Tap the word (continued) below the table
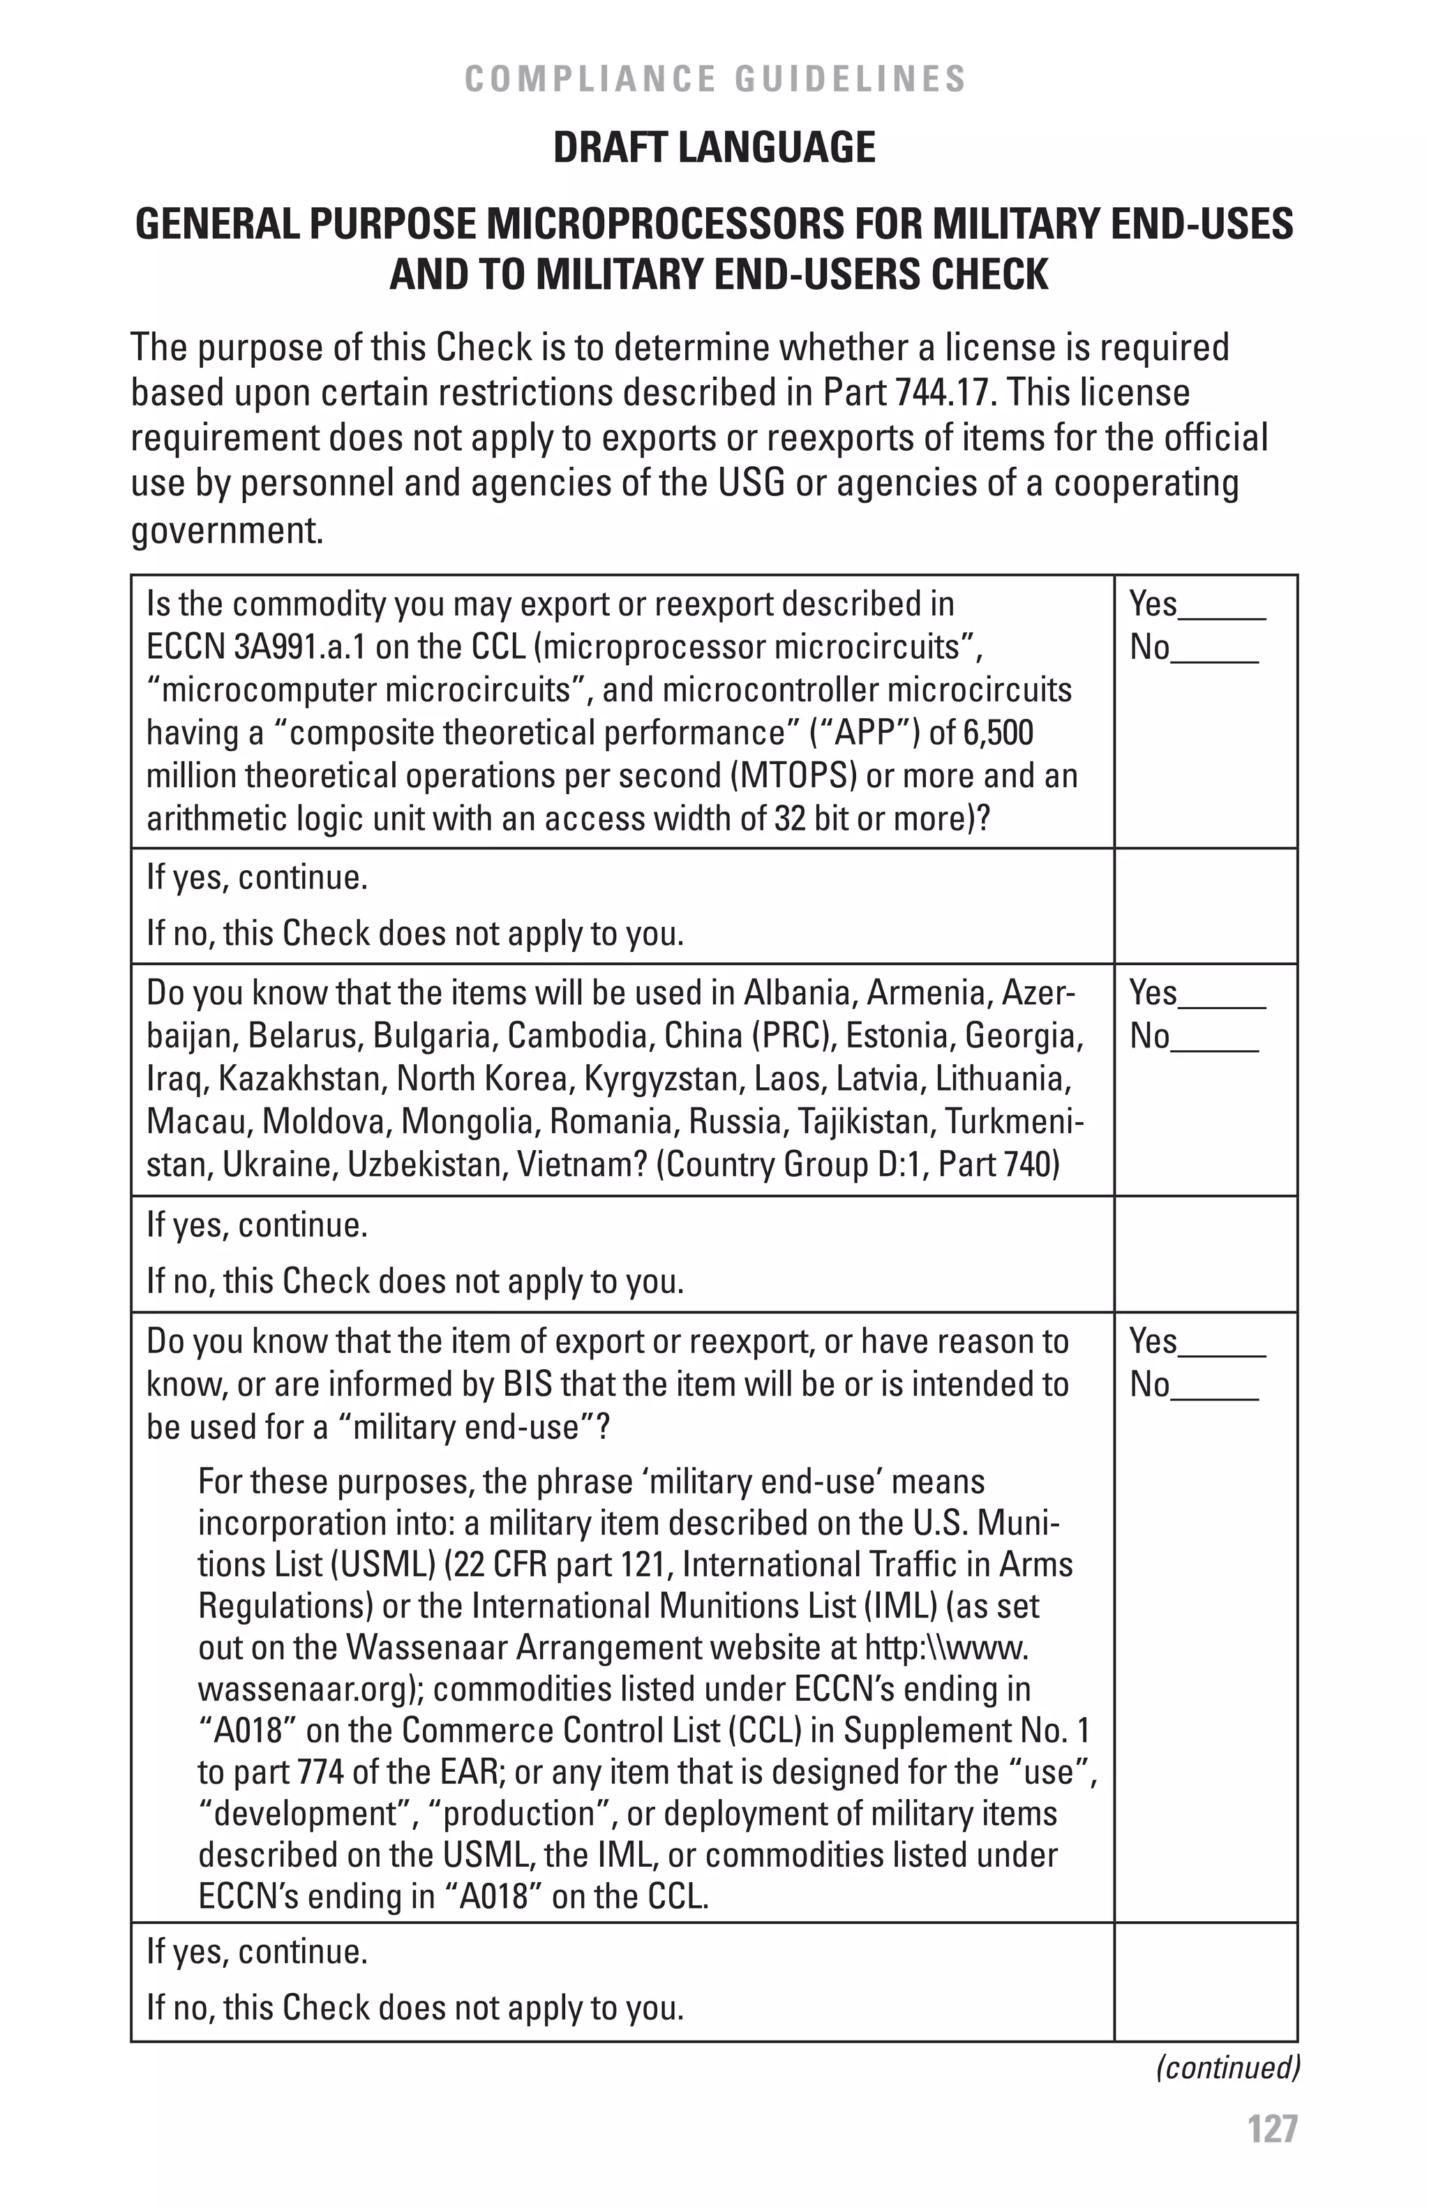[x=1227, y=2067]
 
